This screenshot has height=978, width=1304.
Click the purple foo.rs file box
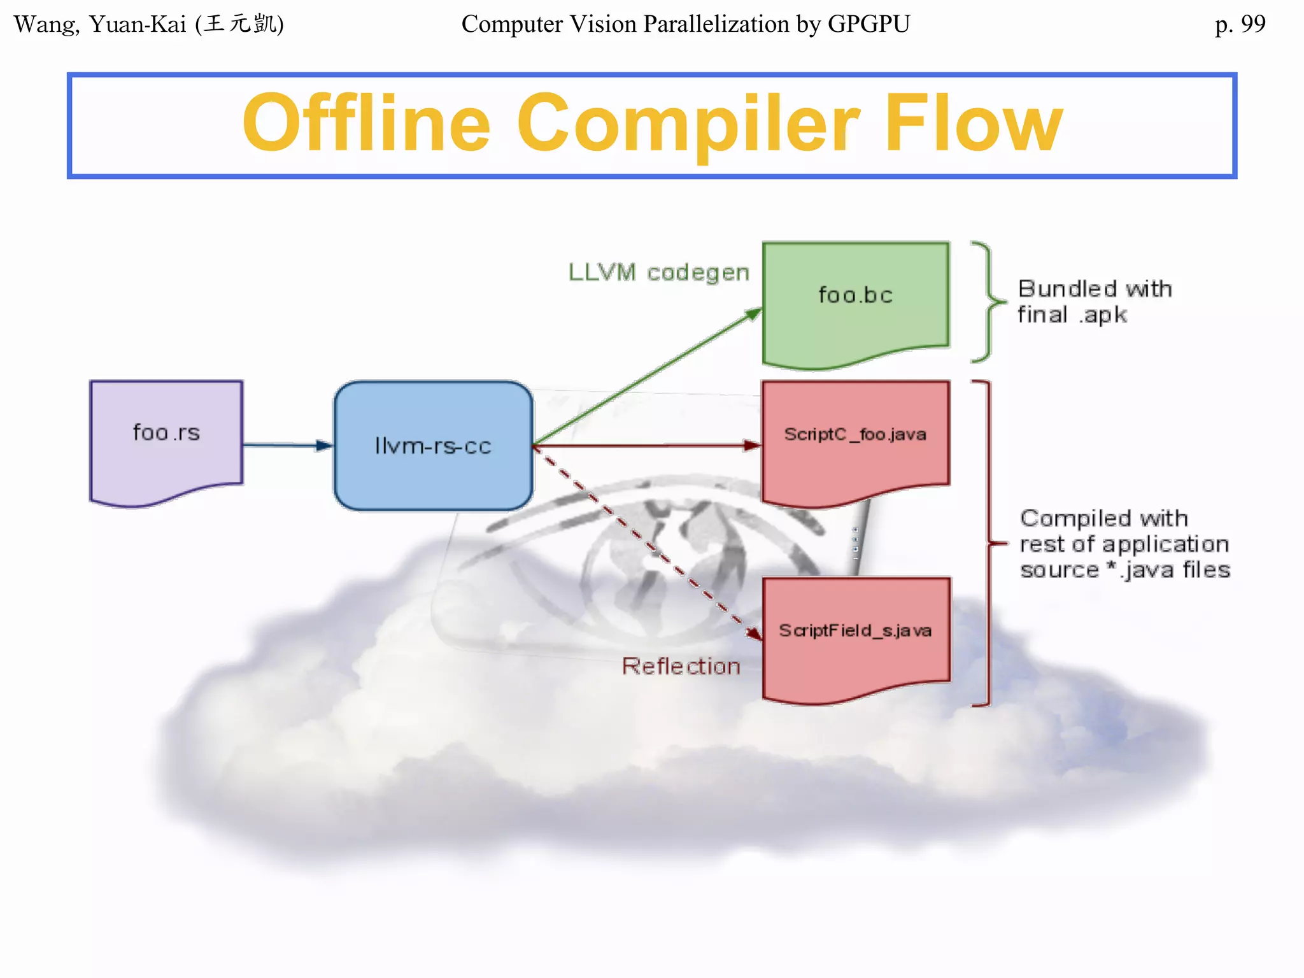point(166,439)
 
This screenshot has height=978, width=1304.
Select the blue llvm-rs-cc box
point(433,446)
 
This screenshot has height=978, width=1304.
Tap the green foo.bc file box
point(856,299)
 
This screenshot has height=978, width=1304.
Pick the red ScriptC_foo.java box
point(856,439)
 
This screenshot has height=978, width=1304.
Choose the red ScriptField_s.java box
point(856,637)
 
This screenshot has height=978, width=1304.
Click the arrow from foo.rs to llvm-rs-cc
point(287,445)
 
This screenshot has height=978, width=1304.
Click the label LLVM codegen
point(658,273)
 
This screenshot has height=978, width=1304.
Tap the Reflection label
point(681,667)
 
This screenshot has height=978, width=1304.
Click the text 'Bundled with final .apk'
point(1094,302)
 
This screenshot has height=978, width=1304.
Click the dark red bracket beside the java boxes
point(988,543)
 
